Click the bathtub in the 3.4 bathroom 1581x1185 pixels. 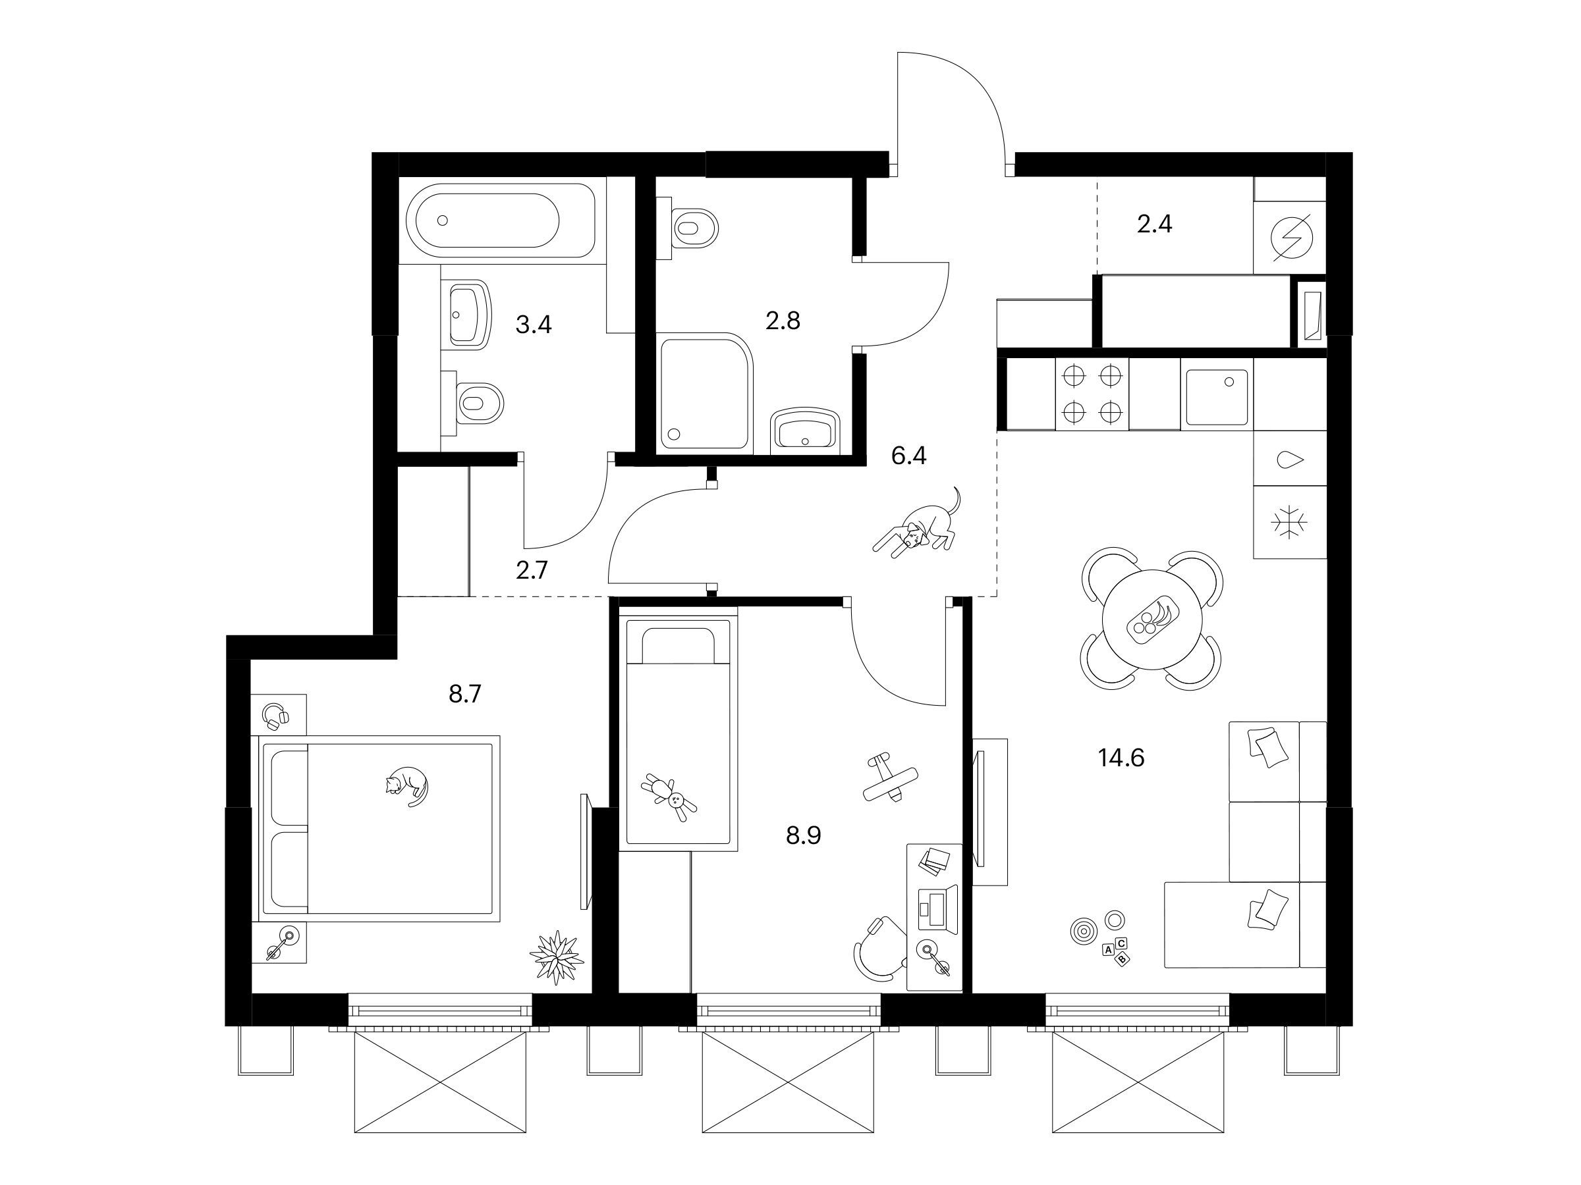pos(500,220)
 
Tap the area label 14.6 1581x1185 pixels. pos(1121,758)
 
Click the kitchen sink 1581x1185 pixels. pos(1217,397)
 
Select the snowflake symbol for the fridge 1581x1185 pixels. pos(1289,522)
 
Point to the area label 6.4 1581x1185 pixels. pos(908,455)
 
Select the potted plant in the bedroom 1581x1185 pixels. pos(557,957)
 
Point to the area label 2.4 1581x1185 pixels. pos(1154,224)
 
